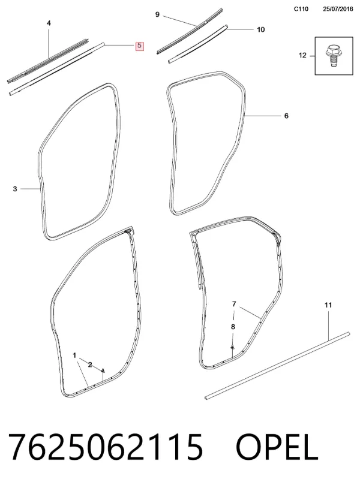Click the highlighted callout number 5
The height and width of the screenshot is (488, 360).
(139, 46)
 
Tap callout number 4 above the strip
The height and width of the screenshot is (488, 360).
(49, 23)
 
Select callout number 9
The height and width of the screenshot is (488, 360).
(157, 14)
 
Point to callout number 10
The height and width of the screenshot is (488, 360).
(260, 29)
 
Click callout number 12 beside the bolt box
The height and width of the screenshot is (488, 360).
(302, 55)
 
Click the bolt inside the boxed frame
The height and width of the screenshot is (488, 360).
(332, 56)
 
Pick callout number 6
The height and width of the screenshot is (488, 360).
(286, 116)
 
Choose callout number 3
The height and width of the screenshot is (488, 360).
(15, 189)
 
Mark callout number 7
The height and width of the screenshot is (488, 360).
(234, 304)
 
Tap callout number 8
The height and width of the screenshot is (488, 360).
(233, 327)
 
